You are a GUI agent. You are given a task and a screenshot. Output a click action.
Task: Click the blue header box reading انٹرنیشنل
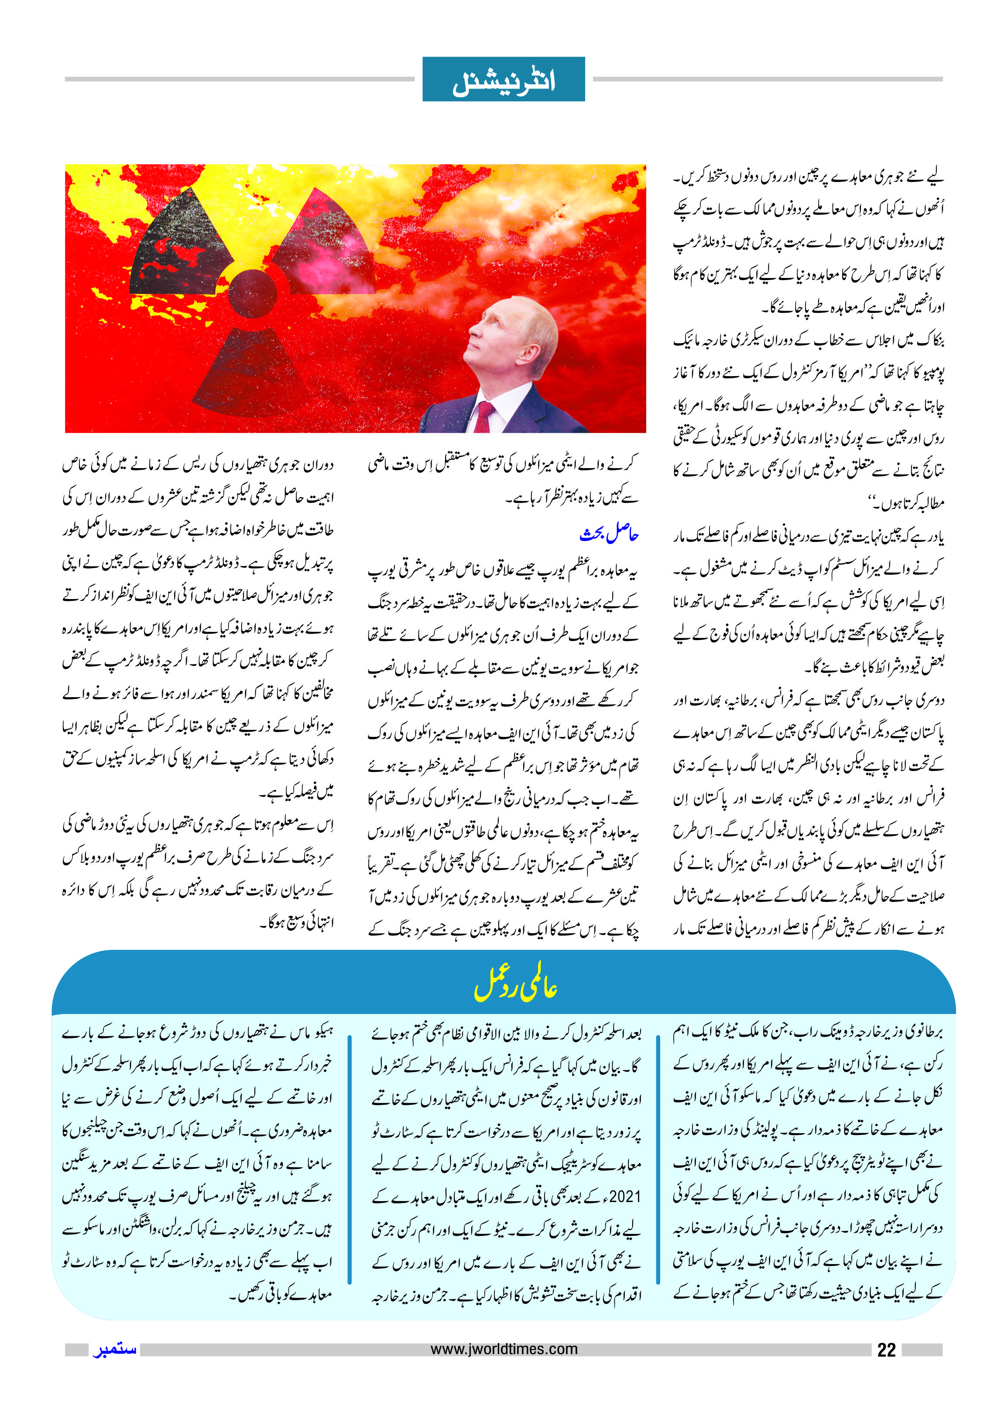[x=504, y=79]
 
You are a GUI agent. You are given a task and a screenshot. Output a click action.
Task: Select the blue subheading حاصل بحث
[x=609, y=534]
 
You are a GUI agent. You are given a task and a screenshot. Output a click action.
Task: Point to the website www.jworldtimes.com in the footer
[x=504, y=1349]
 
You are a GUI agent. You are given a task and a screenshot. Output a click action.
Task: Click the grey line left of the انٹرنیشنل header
[x=239, y=79]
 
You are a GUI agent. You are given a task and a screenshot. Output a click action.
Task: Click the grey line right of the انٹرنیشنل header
[x=767, y=79]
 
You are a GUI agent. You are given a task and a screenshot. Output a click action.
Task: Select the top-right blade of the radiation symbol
[x=326, y=248]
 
